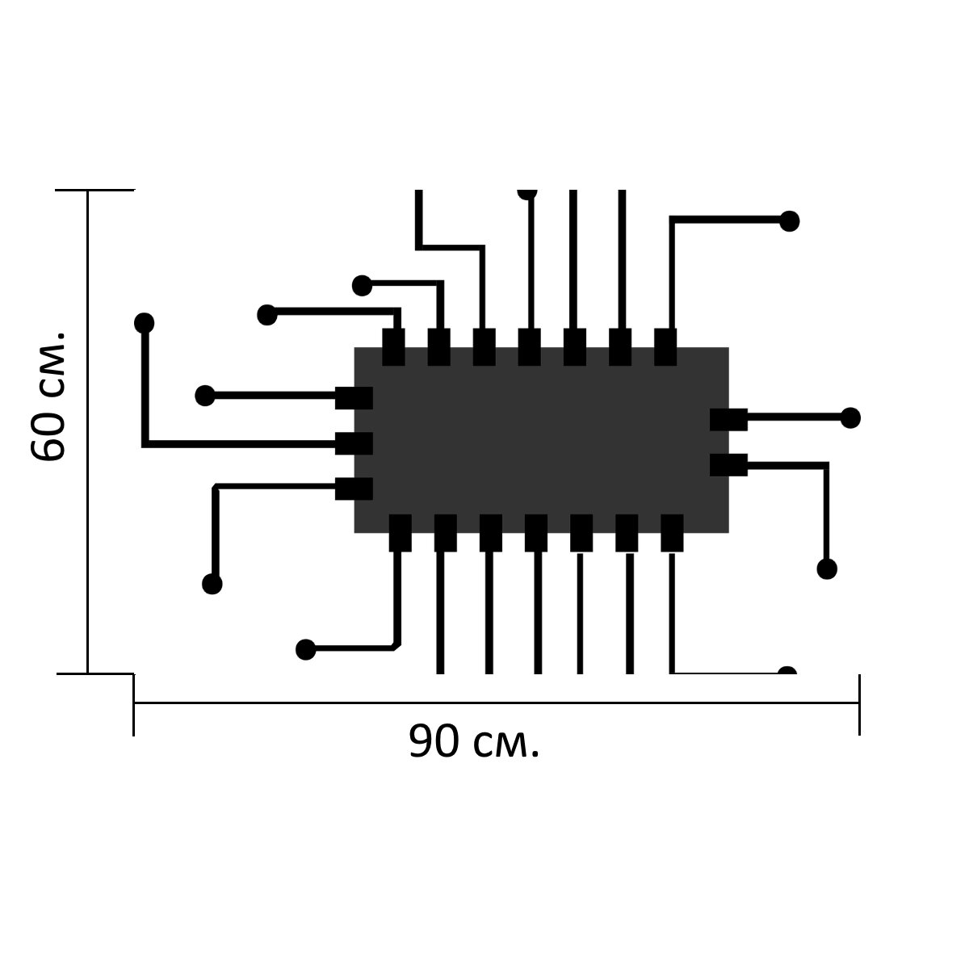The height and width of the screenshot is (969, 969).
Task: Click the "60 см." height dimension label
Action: click(48, 395)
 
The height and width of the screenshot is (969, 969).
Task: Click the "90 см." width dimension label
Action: click(474, 742)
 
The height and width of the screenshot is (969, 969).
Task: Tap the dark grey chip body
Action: click(541, 440)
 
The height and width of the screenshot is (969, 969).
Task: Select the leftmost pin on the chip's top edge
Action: click(393, 347)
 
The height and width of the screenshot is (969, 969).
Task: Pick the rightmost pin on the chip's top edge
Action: click(665, 347)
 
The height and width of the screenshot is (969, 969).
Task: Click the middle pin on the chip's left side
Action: click(354, 443)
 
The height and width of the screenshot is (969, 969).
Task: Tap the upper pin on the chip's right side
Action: click(728, 420)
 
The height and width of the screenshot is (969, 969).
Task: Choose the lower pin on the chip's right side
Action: click(728, 465)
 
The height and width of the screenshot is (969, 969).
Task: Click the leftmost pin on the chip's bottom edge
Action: click(401, 533)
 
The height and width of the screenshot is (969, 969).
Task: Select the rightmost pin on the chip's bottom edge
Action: click(672, 533)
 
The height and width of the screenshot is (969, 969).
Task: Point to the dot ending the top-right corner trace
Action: click(790, 221)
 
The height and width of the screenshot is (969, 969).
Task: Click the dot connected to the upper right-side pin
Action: click(850, 417)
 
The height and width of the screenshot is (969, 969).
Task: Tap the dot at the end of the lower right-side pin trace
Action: click(827, 568)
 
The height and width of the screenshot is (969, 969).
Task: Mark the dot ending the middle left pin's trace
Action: click(145, 323)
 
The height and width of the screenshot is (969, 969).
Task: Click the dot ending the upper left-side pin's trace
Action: click(205, 396)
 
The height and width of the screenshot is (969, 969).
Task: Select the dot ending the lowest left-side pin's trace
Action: click(212, 584)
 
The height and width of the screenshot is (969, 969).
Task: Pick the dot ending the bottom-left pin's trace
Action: click(306, 650)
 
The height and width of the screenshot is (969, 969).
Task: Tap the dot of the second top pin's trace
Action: click(362, 286)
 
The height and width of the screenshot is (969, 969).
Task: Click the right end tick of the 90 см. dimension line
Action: click(859, 704)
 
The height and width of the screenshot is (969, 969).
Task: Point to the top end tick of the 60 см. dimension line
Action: click(95, 190)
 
